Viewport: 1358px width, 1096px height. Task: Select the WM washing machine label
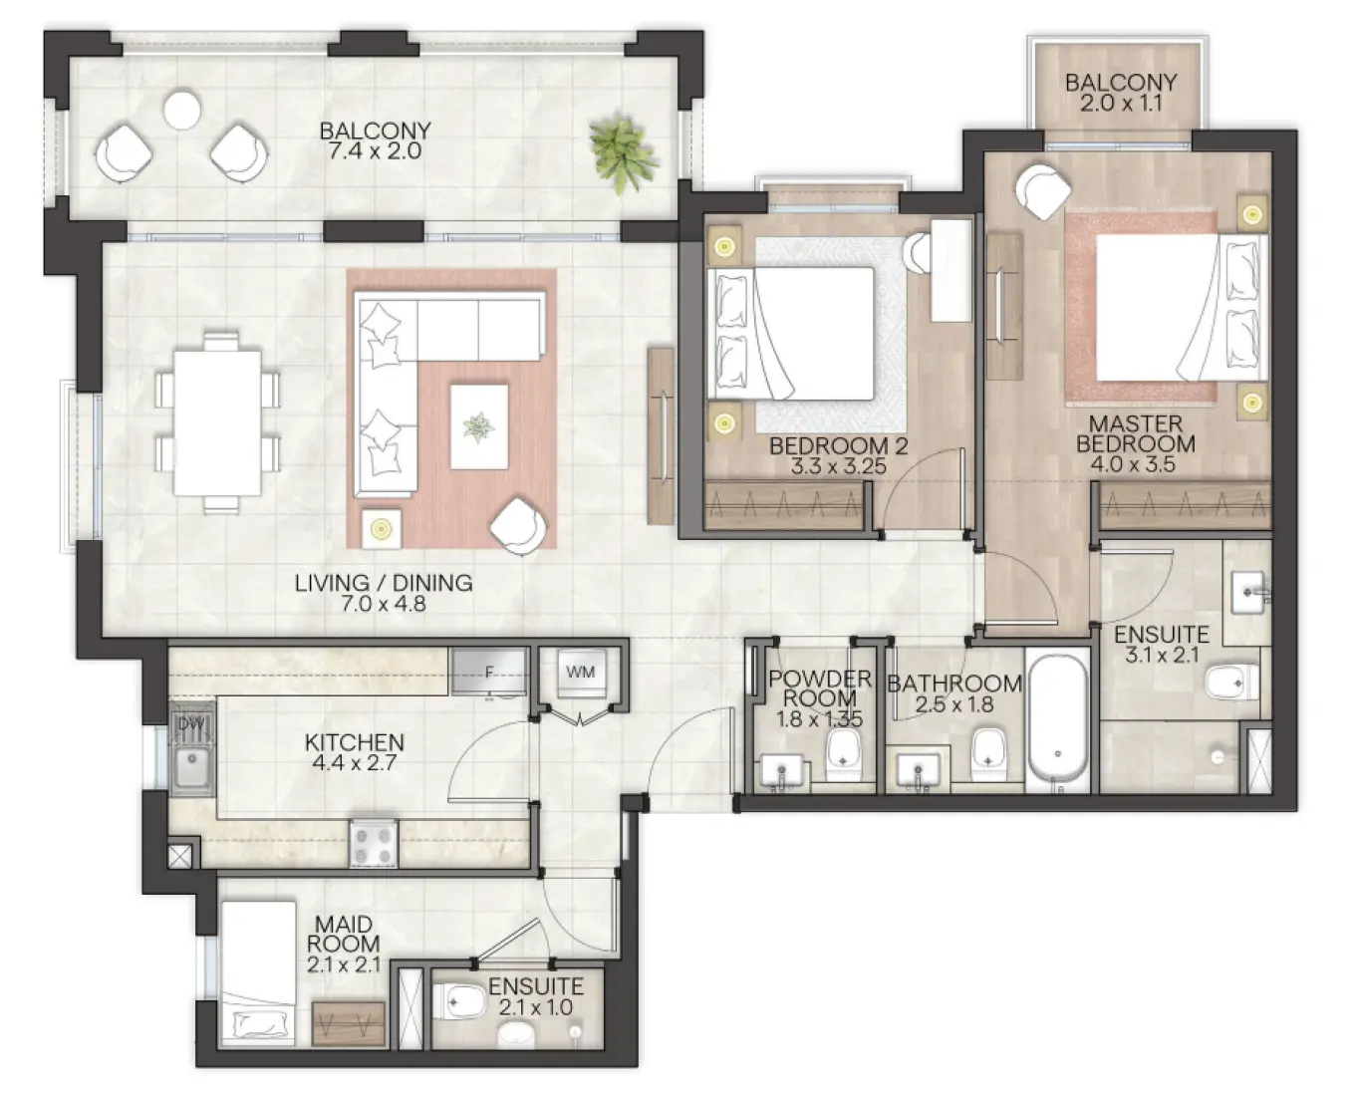pos(580,672)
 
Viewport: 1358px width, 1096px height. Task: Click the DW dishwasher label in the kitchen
pos(186,723)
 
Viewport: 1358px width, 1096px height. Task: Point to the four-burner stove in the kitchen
pos(374,844)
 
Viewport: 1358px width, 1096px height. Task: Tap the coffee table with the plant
pos(478,426)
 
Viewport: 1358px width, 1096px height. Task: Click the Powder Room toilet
pos(845,752)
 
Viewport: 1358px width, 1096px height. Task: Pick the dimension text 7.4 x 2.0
pos(375,152)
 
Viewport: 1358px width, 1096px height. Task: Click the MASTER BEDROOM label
pos(1135,433)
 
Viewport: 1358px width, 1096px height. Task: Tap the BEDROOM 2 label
pos(838,446)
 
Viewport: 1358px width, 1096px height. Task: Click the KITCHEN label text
pos(354,742)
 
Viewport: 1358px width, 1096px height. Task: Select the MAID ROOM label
pos(343,934)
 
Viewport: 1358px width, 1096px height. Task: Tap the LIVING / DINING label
pos(383,583)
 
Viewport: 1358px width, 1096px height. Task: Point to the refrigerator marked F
pos(489,673)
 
